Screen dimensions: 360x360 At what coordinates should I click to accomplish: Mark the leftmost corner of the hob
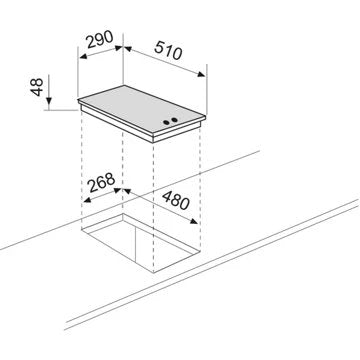(x=78, y=103)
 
